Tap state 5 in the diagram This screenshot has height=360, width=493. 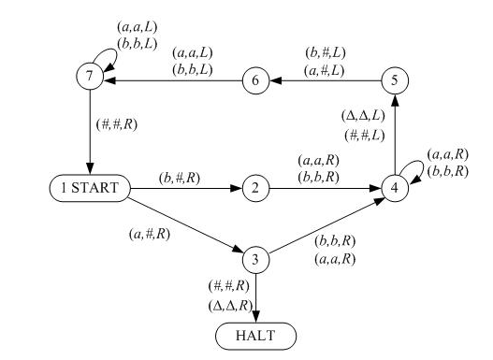click(x=396, y=80)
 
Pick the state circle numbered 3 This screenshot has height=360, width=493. click(x=254, y=258)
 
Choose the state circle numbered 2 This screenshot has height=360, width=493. click(x=254, y=188)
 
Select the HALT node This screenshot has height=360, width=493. click(x=254, y=334)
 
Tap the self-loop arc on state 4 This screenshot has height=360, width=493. click(x=417, y=172)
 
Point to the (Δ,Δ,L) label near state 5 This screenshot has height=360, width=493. click(x=361, y=117)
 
